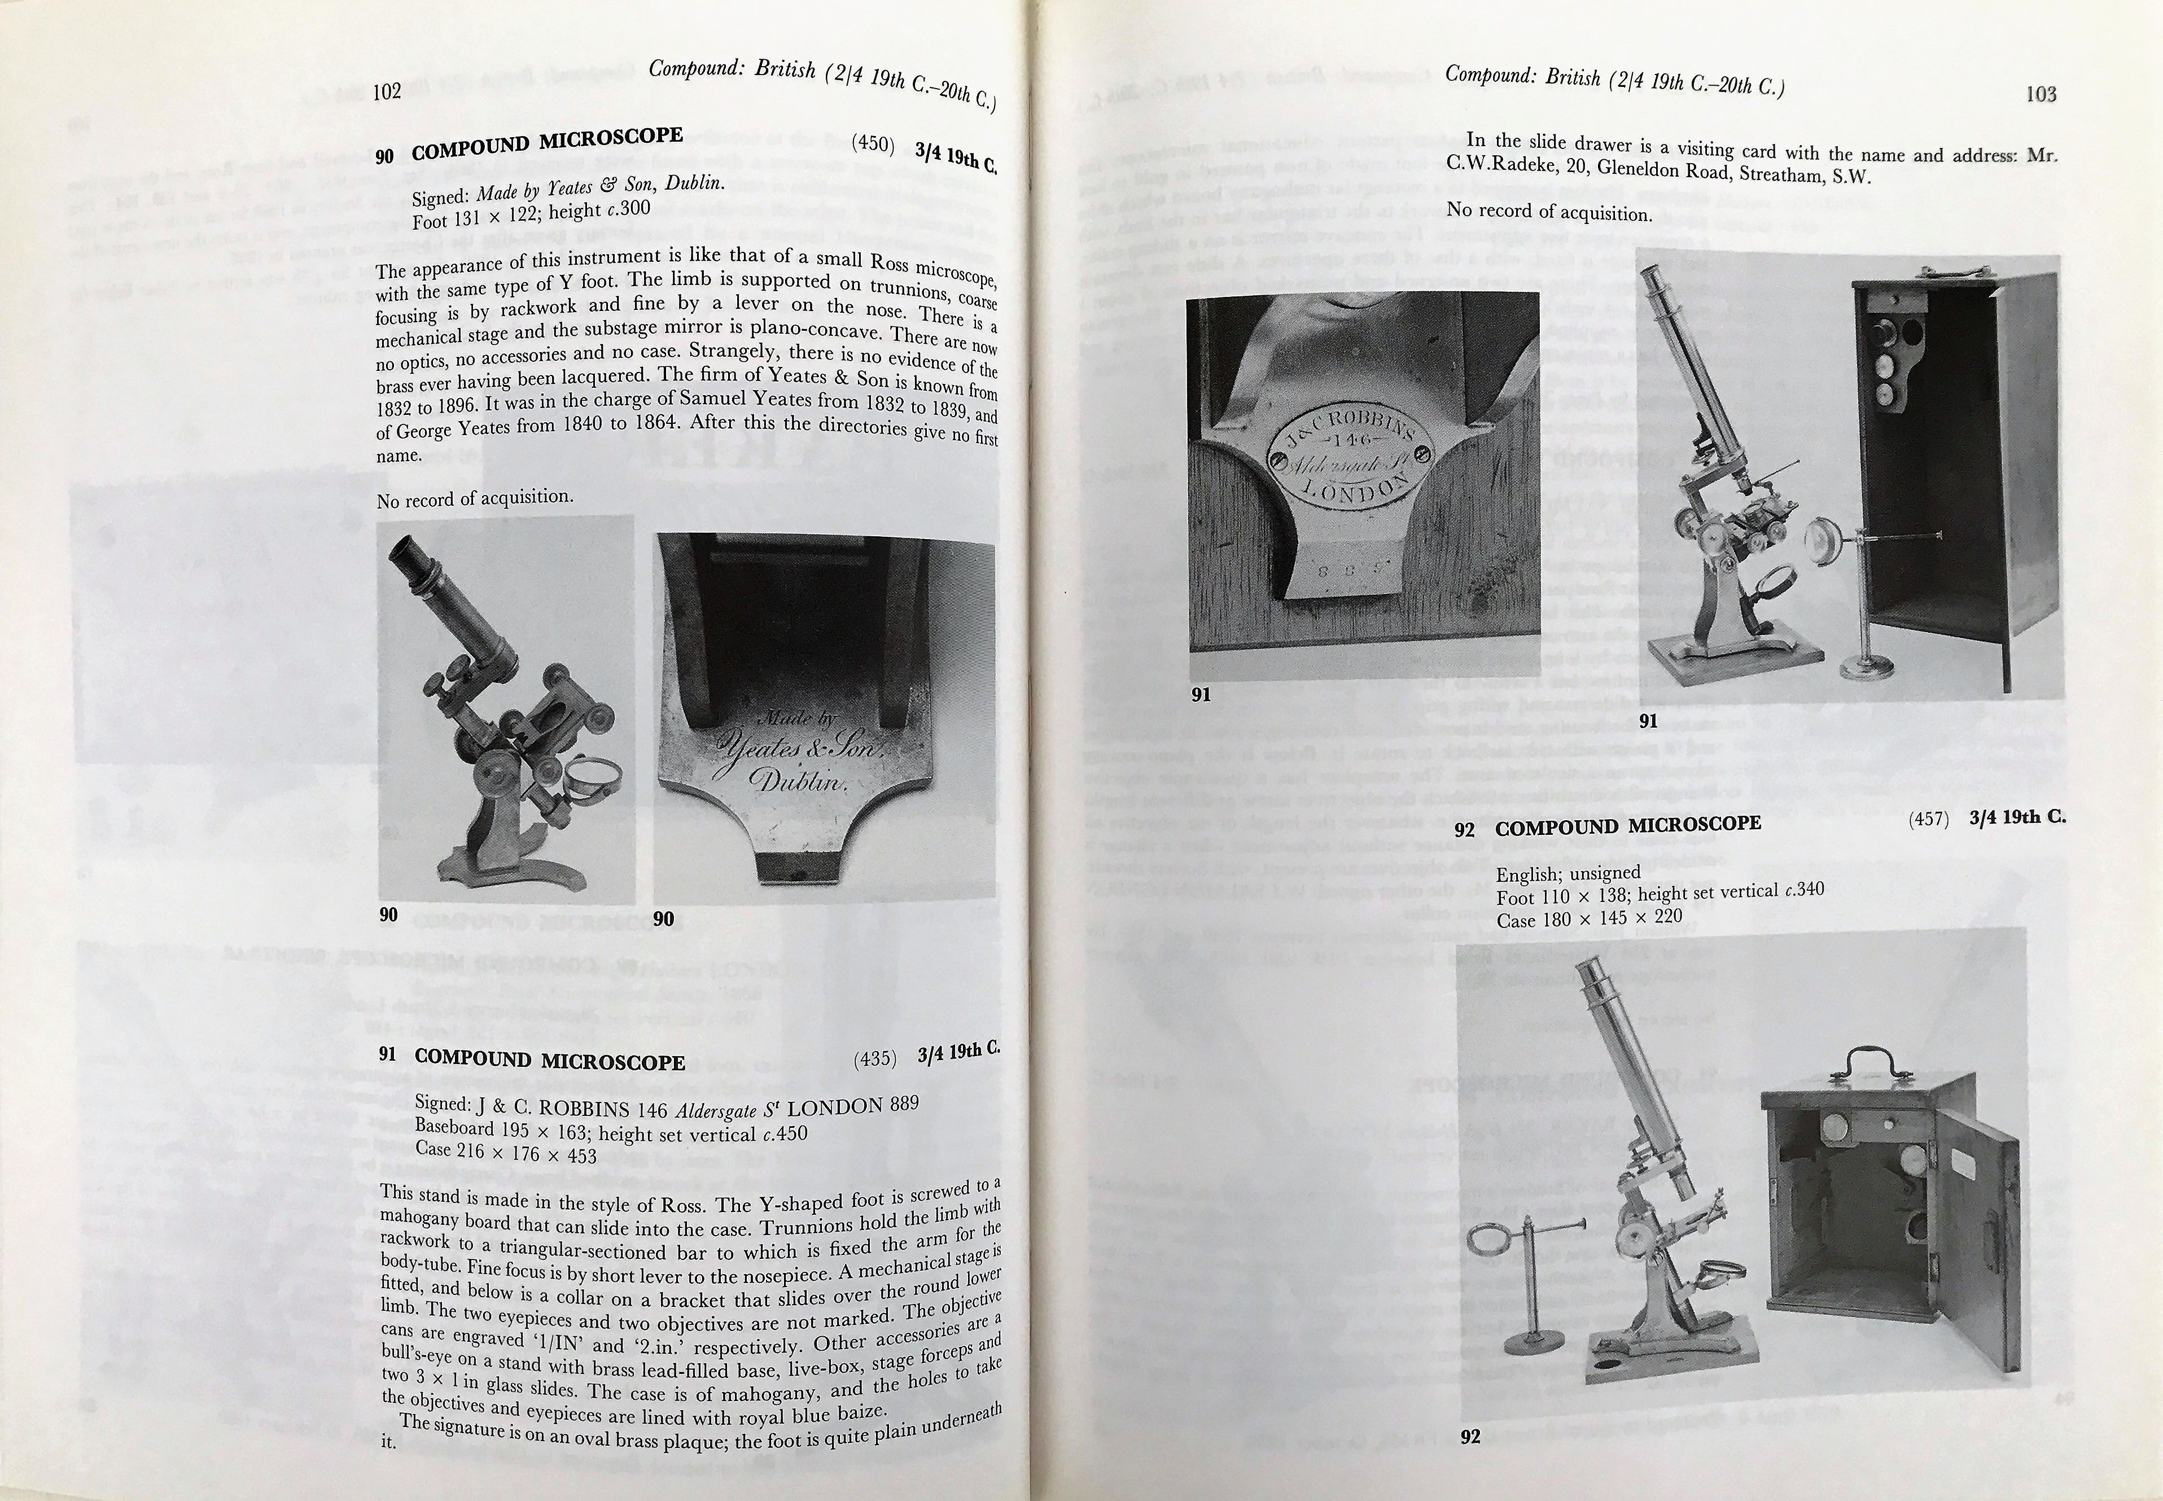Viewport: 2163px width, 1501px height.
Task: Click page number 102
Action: pos(387,91)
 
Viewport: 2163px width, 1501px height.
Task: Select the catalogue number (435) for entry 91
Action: pos(874,1058)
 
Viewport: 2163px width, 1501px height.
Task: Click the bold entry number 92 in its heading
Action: pos(1464,830)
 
